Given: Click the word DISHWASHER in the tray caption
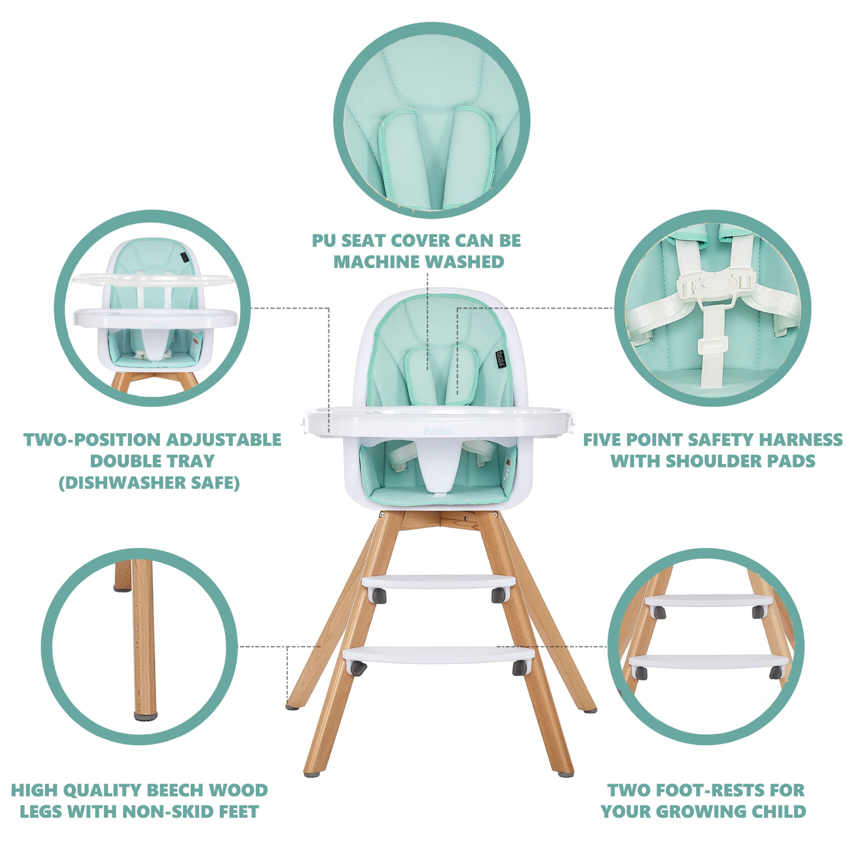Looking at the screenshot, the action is point(127,483).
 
